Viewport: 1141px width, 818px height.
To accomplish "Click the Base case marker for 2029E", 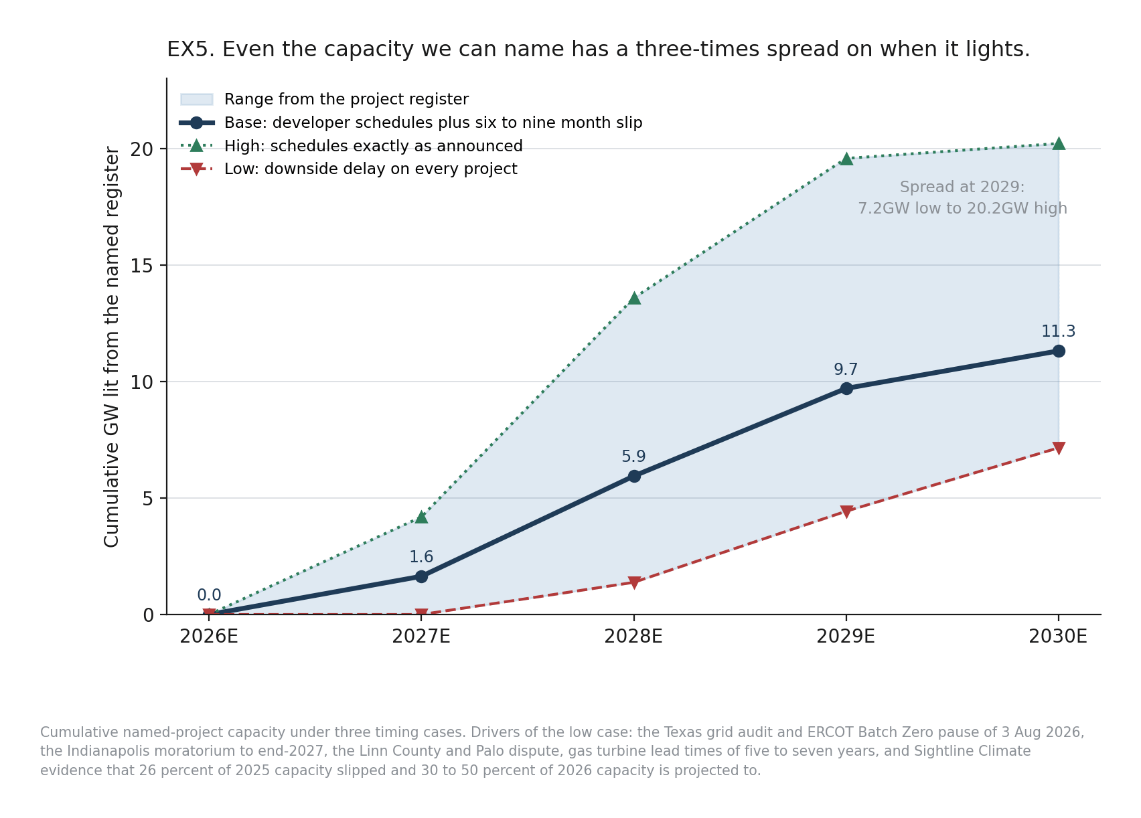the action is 846,389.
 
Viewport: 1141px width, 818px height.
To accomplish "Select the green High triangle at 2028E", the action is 634,298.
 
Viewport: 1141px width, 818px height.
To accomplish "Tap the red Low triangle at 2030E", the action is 1059,448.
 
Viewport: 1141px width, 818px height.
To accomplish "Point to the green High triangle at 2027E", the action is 421,517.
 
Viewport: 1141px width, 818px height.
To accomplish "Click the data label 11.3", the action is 1059,331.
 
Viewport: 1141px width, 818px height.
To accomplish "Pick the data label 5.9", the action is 633,457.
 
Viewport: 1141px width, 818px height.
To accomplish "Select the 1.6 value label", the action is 421,557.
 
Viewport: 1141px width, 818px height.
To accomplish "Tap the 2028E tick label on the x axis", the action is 633,637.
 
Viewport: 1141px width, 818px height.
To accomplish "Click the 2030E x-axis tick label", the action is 1058,637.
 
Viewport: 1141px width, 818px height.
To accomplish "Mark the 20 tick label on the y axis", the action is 142,149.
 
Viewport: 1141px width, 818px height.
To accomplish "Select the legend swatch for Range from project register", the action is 197,99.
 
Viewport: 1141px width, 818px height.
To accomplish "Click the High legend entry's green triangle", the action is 197,146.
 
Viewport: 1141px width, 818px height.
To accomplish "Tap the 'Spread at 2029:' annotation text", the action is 962,187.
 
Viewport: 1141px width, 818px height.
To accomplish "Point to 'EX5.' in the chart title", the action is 191,50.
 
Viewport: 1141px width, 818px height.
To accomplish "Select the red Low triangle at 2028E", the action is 634,582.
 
